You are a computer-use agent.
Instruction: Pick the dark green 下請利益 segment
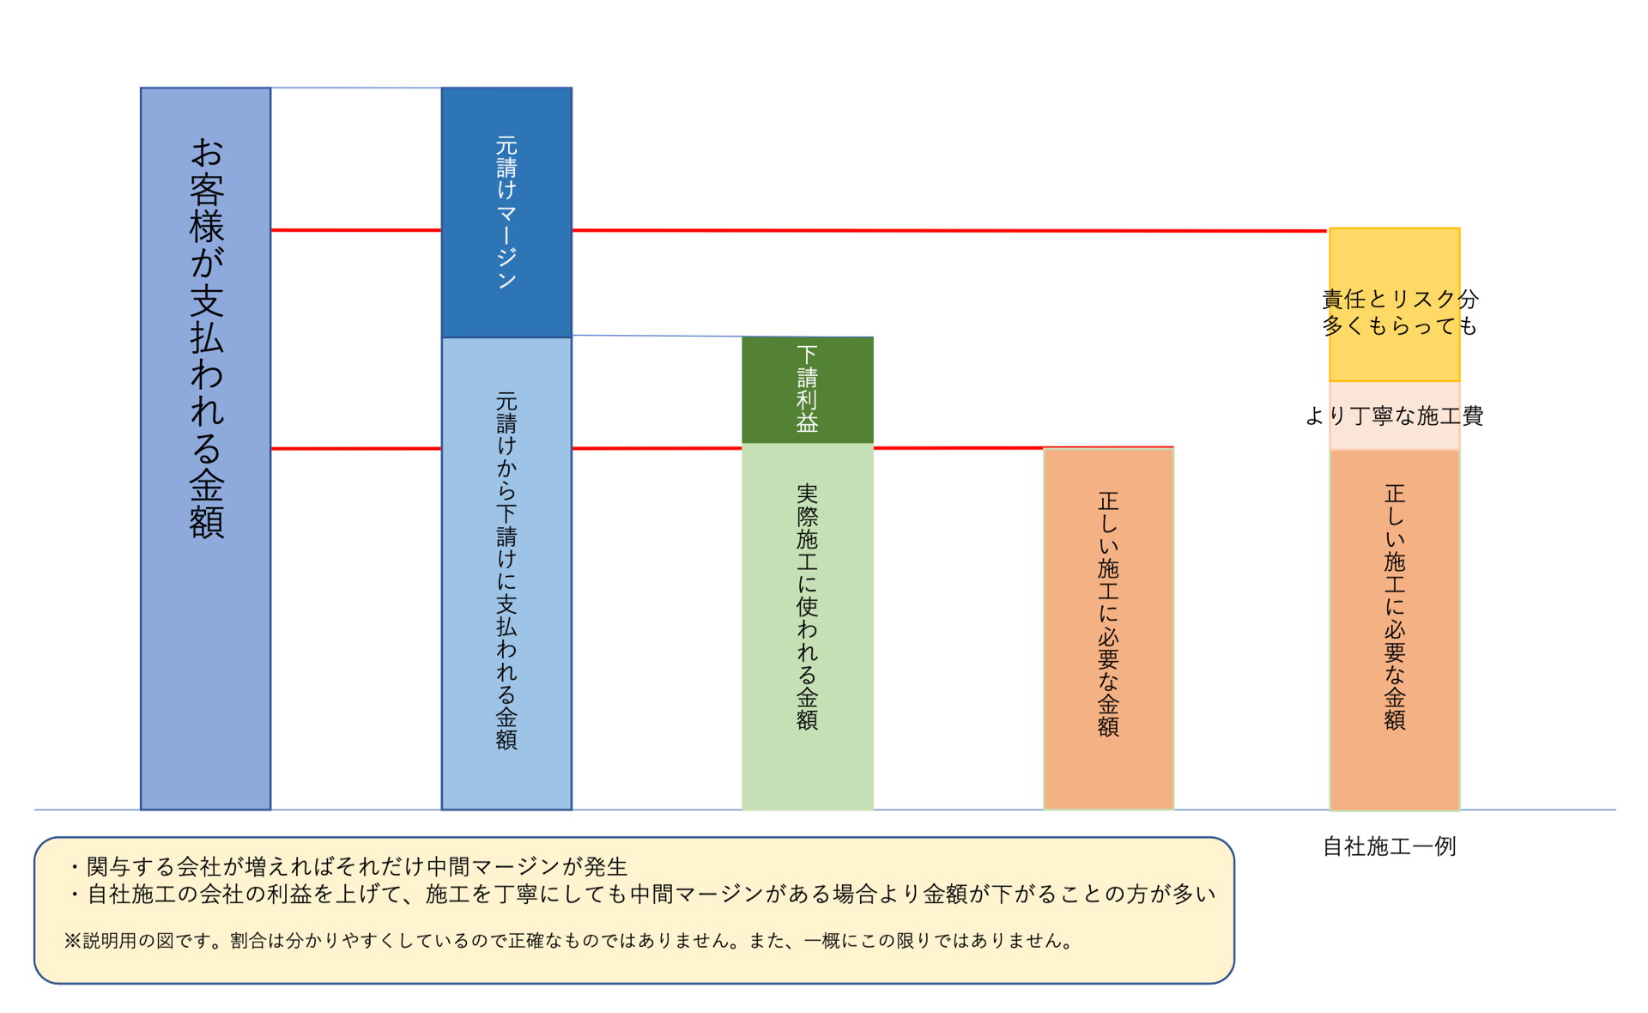tap(807, 390)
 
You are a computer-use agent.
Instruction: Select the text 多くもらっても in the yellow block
tap(1399, 326)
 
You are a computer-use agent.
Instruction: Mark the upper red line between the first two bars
tap(356, 230)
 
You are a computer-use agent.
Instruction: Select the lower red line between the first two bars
tap(356, 448)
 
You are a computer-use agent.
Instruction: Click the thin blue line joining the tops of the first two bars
tap(356, 88)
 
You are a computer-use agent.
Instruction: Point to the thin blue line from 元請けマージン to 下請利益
tap(657, 336)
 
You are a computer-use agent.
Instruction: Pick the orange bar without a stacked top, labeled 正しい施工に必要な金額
tap(1108, 628)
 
